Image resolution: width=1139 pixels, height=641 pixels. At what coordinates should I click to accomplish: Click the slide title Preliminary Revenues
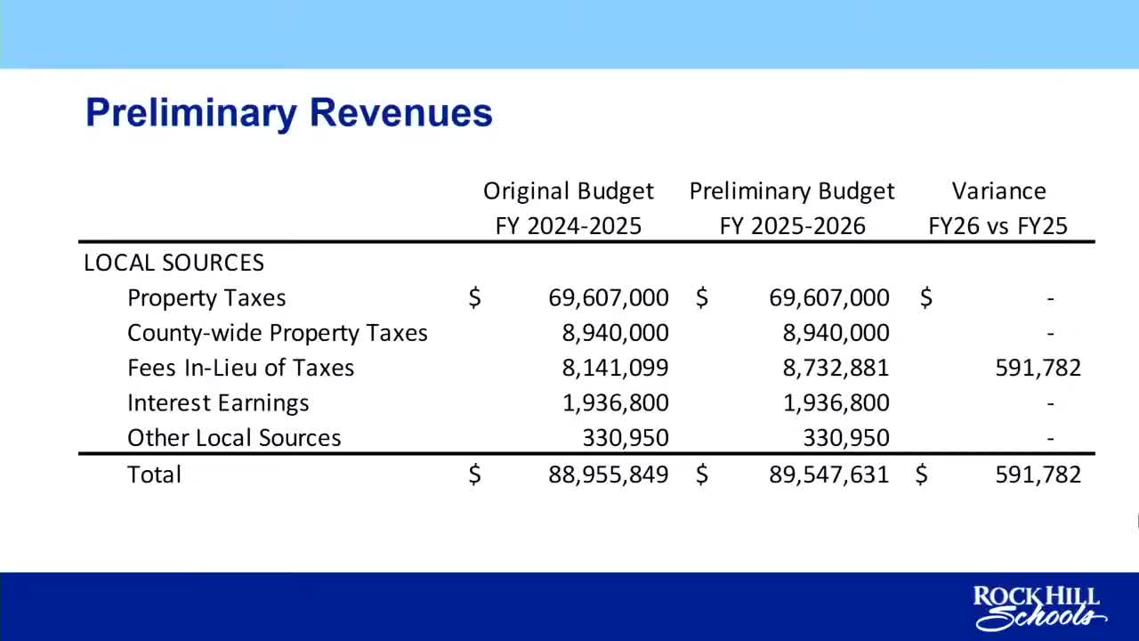point(288,113)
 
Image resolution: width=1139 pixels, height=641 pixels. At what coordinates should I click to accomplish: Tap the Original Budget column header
point(568,208)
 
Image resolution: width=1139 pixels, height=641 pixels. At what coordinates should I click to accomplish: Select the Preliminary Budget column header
point(792,208)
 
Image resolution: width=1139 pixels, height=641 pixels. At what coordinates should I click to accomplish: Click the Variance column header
point(998,208)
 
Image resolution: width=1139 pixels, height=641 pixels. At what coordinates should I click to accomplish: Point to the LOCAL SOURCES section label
point(174,263)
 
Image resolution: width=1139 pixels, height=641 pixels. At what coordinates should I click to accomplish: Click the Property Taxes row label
point(206,298)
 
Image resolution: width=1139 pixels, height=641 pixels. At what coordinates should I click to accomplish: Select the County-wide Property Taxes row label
point(278,333)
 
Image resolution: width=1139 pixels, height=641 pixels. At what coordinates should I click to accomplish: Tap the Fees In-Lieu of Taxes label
point(240,368)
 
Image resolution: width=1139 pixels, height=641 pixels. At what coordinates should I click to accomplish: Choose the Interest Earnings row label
point(218,403)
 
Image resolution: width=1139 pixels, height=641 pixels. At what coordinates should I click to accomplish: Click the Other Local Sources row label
point(234,438)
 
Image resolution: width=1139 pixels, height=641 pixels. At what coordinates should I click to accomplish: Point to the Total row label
point(154,475)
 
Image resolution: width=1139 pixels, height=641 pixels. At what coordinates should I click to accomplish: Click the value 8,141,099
point(615,368)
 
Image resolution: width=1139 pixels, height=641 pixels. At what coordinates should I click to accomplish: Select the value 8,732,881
point(836,368)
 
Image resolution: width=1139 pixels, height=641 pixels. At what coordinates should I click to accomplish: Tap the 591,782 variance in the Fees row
point(1038,368)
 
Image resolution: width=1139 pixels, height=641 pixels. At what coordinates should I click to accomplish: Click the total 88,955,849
point(608,475)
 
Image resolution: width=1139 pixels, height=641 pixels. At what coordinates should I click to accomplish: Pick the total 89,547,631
point(828,475)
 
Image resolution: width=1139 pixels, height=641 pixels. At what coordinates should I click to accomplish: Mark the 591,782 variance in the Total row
point(1038,475)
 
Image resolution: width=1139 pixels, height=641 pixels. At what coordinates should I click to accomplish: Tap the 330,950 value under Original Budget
point(626,438)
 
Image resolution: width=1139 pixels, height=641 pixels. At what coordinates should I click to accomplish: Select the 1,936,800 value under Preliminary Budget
point(836,403)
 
